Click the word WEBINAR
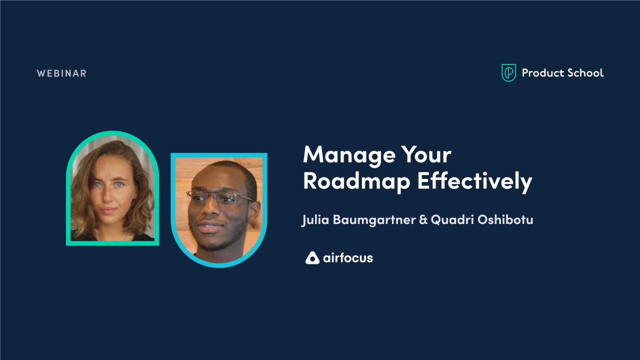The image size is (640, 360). pos(61,73)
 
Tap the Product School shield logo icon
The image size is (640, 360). pos(508,73)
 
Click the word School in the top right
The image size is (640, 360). pos(583,73)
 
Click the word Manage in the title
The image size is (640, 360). pos(346,155)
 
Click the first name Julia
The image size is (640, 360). pos(314,220)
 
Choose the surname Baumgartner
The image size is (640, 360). pos(372,220)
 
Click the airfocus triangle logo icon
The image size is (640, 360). pos(312,258)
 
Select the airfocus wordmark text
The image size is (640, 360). pos(348,258)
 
